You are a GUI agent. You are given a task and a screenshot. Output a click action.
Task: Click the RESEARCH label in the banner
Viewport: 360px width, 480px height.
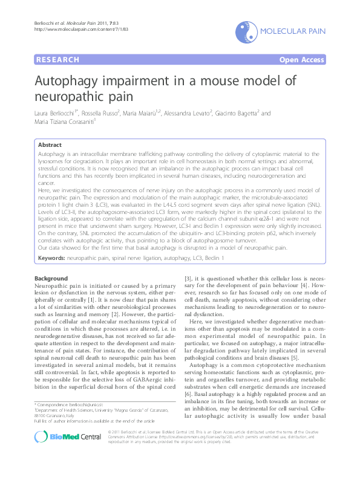[x=58, y=60]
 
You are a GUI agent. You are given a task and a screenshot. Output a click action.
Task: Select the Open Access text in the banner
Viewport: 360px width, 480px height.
[x=303, y=60]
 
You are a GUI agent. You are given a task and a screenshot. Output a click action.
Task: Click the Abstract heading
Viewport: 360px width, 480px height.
[x=50, y=145]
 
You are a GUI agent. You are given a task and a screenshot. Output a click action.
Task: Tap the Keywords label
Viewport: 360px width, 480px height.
[x=51, y=258]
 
